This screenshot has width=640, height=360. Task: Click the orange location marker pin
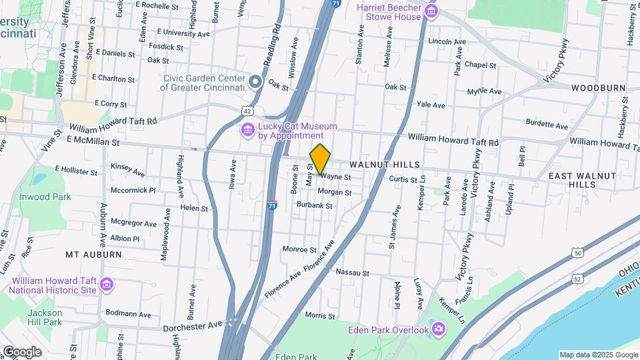[321, 159]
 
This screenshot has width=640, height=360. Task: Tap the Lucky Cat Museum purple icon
[247, 129]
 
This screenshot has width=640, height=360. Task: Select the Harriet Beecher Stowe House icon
[431, 11]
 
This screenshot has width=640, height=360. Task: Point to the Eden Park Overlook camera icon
[438, 329]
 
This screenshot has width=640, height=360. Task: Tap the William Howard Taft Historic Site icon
[106, 285]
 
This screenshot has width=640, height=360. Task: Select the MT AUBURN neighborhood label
[93, 255]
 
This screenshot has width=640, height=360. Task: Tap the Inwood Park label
[45, 197]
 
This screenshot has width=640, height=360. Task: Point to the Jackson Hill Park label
[45, 317]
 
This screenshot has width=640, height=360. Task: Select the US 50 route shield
[577, 253]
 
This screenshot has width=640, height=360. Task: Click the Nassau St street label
[353, 272]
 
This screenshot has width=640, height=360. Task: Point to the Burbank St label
[315, 205]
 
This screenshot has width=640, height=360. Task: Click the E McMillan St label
[93, 142]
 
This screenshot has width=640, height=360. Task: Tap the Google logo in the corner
[21, 352]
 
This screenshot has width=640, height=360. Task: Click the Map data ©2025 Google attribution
[598, 355]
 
